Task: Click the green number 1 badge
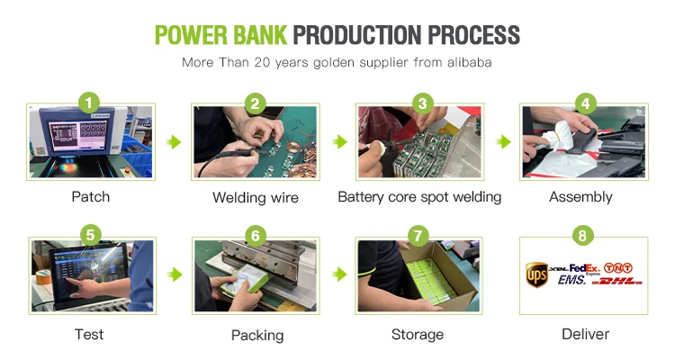point(89,103)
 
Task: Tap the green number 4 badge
point(586,103)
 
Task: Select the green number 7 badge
point(418,236)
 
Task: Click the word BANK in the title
point(259,35)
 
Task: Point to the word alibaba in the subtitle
point(469,62)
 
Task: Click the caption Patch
point(90,197)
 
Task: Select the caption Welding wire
point(256,198)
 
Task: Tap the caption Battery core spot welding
point(419,197)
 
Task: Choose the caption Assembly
point(580,197)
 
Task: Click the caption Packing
point(257,336)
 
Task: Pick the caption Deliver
point(586,334)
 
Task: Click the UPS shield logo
point(536,274)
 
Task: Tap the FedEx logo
point(584,269)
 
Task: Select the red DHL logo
point(616,281)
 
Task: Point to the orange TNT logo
point(617,268)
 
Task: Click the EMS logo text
point(571,280)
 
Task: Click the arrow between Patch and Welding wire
point(174,141)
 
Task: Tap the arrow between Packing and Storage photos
point(339,274)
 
